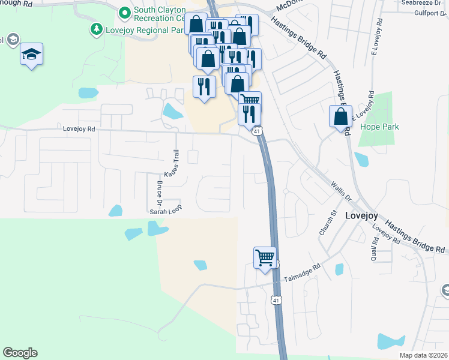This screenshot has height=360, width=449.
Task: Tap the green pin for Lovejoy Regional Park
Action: point(96,29)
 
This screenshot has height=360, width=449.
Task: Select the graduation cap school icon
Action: point(31,55)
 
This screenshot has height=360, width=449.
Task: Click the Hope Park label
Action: point(379,127)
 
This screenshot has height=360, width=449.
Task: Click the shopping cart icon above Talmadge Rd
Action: point(265,258)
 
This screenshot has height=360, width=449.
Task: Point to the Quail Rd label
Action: point(375,248)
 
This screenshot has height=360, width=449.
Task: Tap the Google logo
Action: point(20,353)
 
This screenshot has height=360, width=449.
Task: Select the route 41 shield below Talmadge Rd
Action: point(276,299)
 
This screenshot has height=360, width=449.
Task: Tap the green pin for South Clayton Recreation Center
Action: point(125,12)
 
